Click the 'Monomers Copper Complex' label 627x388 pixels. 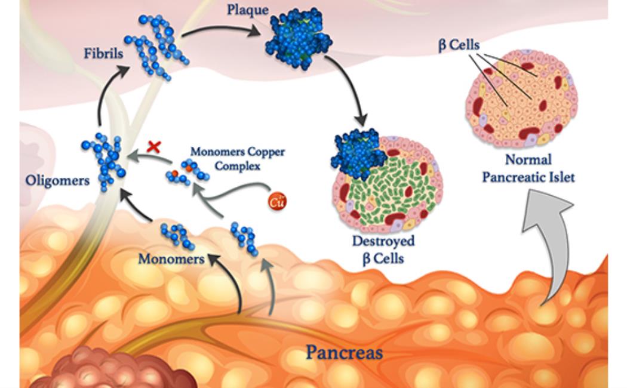(237, 158)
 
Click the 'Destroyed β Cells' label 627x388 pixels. (383, 250)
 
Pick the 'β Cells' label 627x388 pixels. (459, 45)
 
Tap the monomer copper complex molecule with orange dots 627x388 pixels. (187, 174)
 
